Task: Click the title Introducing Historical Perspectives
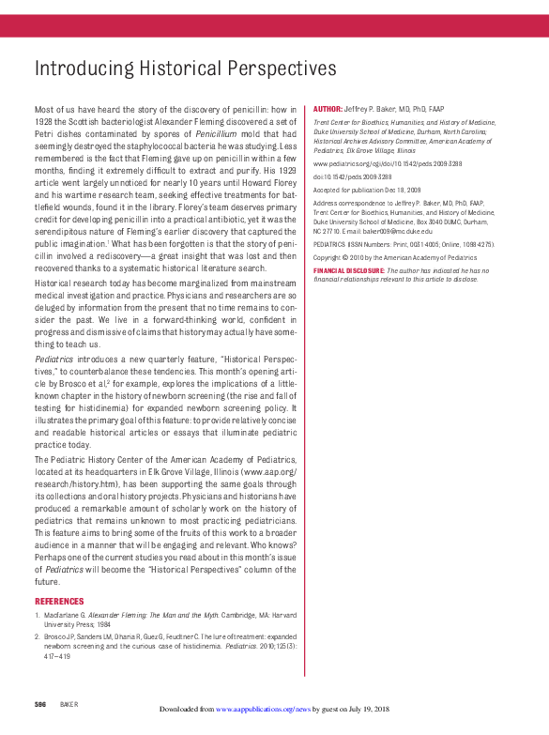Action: [x=185, y=69]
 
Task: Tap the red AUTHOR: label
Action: [x=328, y=110]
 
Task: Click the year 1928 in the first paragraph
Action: [x=44, y=122]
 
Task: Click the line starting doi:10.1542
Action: [x=350, y=176]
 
